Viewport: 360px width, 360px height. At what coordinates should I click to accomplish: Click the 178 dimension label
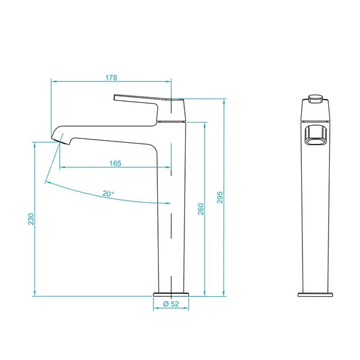pyautogui.click(x=111, y=78)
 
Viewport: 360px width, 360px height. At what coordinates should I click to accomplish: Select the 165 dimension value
pyautogui.click(x=115, y=164)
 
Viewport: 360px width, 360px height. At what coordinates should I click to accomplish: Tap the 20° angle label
pyautogui.click(x=108, y=194)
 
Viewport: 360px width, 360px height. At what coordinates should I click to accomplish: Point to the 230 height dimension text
pyautogui.click(x=31, y=219)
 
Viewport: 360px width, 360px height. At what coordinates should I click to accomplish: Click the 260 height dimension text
pyautogui.click(x=201, y=209)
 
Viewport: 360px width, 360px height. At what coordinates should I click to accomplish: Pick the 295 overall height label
pyautogui.click(x=220, y=197)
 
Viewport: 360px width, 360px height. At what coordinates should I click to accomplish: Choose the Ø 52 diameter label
pyautogui.click(x=171, y=304)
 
